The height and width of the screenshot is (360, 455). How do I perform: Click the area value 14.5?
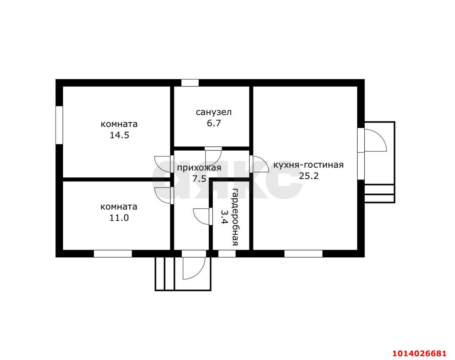(119, 135)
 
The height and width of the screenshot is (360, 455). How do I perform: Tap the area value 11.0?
(119, 218)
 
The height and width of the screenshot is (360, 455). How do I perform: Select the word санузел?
(214, 112)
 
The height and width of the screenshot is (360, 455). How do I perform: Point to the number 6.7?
(214, 123)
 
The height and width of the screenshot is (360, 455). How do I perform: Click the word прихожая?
(199, 168)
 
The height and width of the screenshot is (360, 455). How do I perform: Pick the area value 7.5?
(199, 179)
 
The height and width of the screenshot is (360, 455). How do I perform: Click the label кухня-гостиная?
(309, 165)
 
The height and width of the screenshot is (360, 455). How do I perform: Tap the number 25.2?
(309, 176)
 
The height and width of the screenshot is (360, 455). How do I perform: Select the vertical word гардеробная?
(235, 217)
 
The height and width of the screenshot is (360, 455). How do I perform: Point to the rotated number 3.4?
(224, 217)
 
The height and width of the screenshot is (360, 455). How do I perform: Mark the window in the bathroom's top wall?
(190, 83)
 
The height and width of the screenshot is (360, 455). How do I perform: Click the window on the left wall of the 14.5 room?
(59, 125)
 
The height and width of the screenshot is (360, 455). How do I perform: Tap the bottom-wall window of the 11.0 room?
(113, 254)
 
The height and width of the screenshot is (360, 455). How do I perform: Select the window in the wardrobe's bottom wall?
(227, 254)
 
